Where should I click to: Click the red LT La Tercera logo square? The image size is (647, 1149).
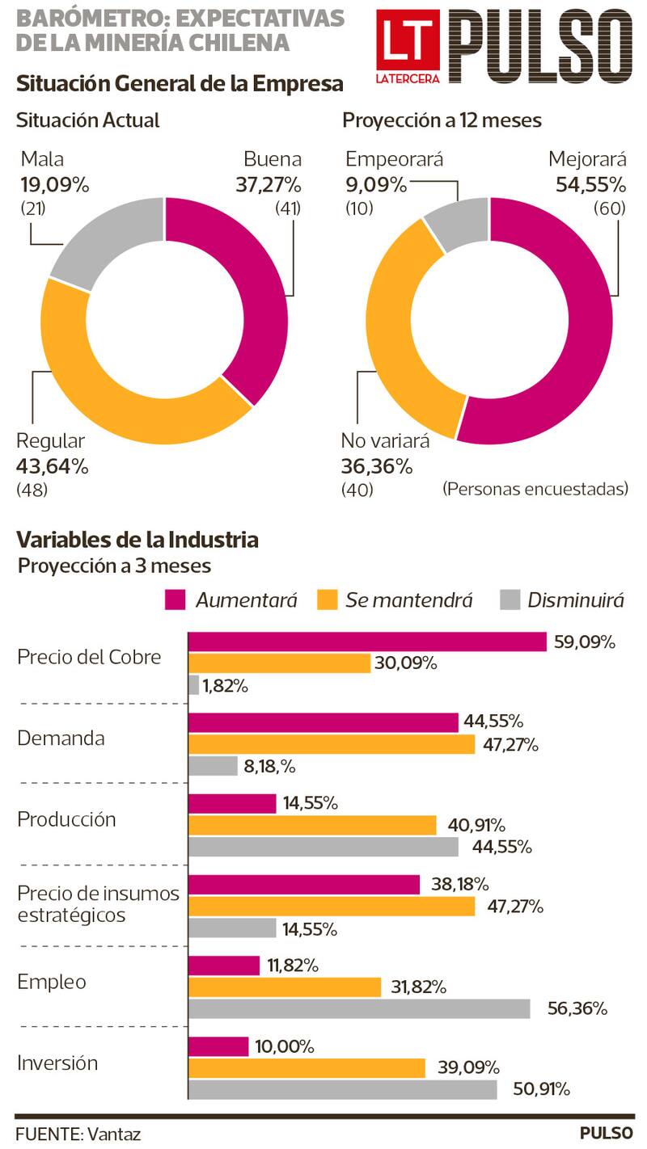pos(408,46)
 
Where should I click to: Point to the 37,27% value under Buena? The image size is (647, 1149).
pos(268,184)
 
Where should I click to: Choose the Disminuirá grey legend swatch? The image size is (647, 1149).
pos(510,600)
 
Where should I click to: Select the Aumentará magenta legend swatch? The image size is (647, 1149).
pos(175,600)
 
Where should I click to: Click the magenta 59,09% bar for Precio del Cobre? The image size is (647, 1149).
pos(367,642)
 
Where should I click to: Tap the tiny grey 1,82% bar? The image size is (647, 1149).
pos(193,685)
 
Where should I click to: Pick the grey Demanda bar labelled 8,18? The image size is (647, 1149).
pos(213,766)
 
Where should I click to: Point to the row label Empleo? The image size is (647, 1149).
pos(52,982)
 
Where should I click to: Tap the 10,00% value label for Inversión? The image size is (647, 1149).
pos(284,1046)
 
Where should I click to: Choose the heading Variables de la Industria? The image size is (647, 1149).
pos(137,539)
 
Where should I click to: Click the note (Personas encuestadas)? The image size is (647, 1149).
pos(535,489)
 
